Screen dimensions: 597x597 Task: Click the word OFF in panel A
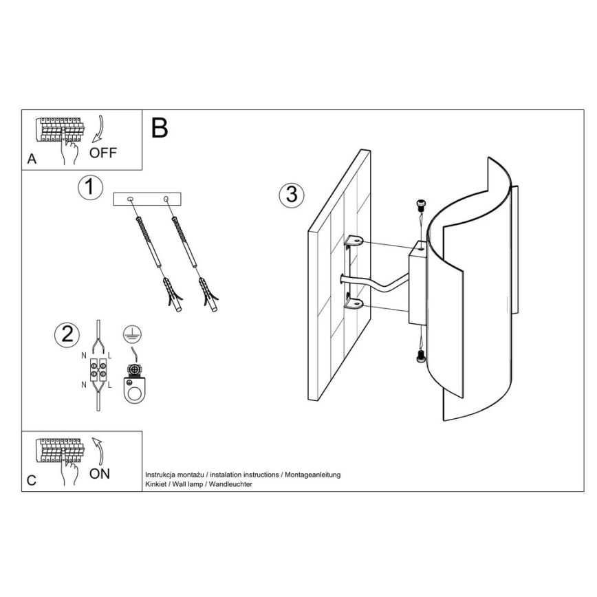click(x=103, y=153)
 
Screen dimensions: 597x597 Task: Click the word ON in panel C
click(x=100, y=473)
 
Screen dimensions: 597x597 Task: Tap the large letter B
click(x=159, y=128)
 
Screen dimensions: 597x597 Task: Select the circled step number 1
click(x=90, y=187)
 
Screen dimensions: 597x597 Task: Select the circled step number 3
click(x=292, y=195)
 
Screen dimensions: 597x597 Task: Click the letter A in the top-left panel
click(x=32, y=160)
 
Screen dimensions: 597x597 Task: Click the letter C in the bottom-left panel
click(x=32, y=481)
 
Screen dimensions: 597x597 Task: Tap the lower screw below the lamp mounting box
click(x=420, y=356)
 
